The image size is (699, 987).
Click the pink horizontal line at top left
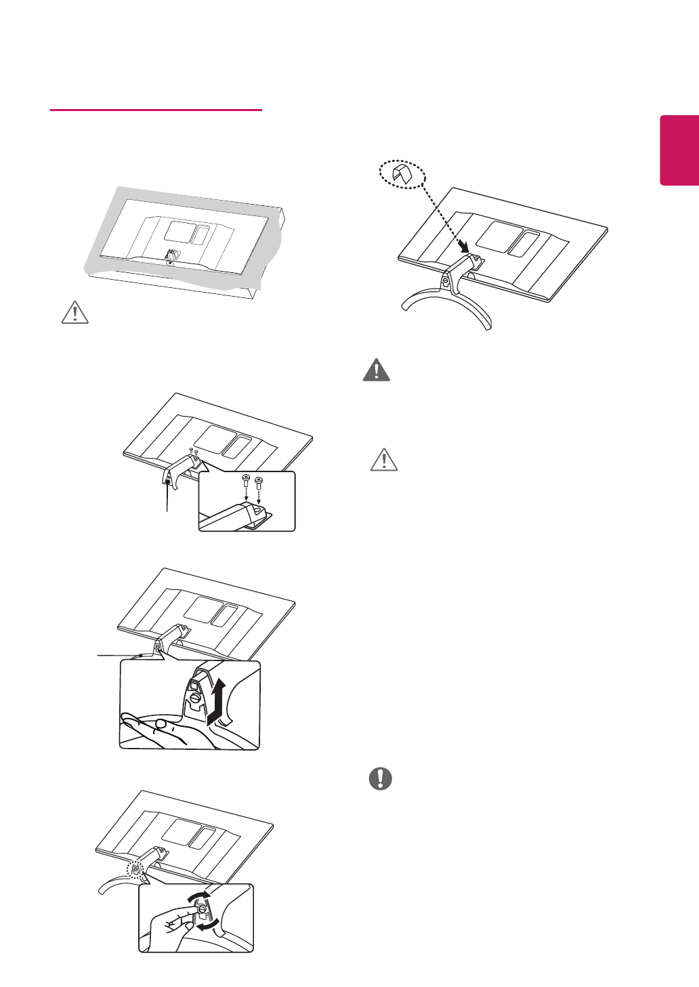(x=156, y=110)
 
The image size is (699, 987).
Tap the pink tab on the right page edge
(x=679, y=150)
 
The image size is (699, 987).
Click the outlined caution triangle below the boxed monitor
(x=75, y=312)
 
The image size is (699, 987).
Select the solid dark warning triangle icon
(x=377, y=370)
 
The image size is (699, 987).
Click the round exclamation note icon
(x=381, y=778)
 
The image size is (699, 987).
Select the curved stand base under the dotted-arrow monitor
(x=447, y=305)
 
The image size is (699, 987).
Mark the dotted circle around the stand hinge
(x=135, y=870)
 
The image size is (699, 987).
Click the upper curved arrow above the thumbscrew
(x=197, y=896)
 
